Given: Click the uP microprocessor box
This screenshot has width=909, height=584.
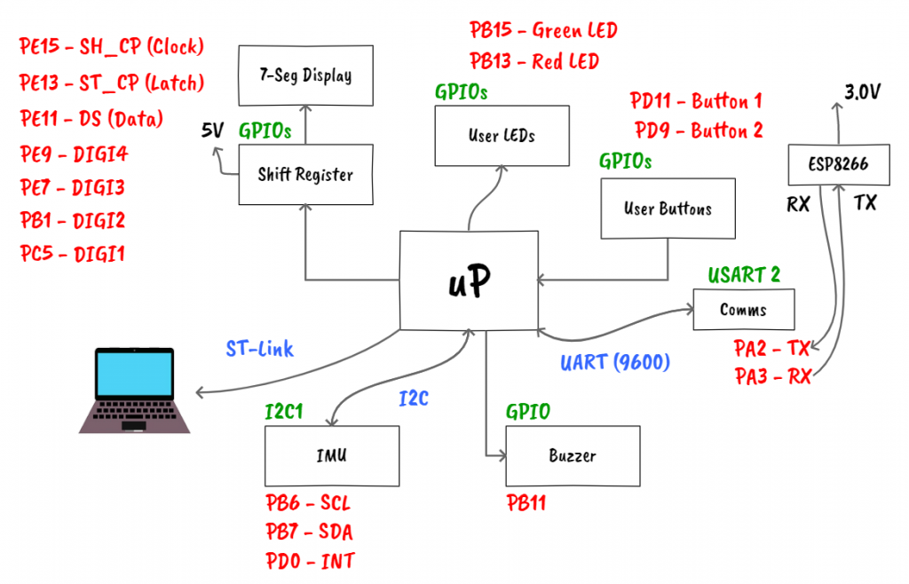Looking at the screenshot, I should point(469,280).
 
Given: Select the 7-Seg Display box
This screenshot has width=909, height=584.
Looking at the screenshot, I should point(305,75).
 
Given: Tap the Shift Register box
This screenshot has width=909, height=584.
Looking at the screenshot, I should point(305,175).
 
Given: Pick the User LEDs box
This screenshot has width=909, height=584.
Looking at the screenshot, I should point(502,136).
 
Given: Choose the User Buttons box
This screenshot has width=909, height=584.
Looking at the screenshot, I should point(668,209).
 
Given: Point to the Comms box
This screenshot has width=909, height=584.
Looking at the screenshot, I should point(743,311).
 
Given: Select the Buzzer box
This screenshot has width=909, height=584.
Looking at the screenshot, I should point(573,455).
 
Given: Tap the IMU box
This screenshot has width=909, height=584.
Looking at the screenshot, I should point(332,455).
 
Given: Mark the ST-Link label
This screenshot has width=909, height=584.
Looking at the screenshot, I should point(259,349).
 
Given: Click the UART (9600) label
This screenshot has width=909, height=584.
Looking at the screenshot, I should point(615,362).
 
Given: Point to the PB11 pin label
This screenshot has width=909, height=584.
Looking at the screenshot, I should point(526,504).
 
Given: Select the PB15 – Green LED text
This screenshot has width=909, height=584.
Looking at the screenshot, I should point(543,31).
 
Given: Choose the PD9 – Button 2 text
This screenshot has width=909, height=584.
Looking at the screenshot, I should point(699,131).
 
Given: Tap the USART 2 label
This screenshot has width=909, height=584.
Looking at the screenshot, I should point(744,275).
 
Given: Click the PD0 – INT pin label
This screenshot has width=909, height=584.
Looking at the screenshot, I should point(310,561).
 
